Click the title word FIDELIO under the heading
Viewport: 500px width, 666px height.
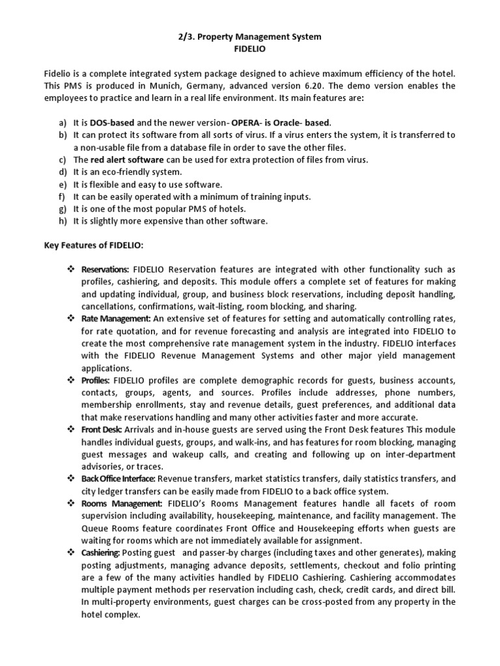pos(250,49)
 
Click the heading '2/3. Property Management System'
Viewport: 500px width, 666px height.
pos(250,37)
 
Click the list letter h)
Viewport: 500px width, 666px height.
pos(62,221)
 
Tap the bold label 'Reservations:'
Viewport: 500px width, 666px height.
pos(105,270)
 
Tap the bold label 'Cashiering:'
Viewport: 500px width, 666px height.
pos(102,553)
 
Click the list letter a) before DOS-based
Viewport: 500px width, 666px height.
pos(62,122)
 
